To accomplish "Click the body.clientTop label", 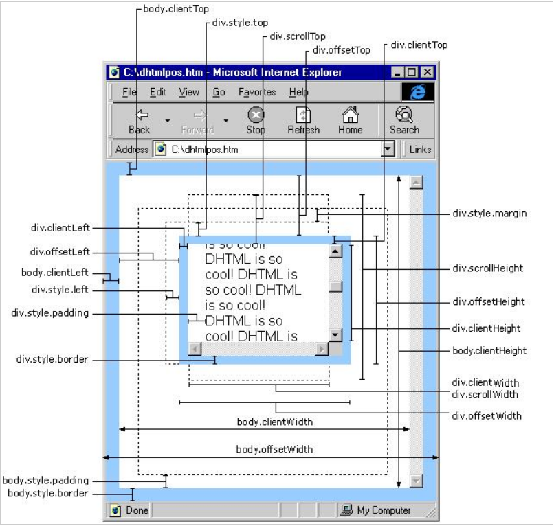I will pyautogui.click(x=175, y=10).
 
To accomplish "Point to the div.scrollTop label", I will pyautogui.click(x=297, y=36).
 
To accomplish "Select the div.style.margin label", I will pyautogui.click(x=489, y=213).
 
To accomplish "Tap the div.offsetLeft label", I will pyautogui.click(x=60, y=252).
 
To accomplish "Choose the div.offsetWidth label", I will pyautogui.click(x=486, y=415).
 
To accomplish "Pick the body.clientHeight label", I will pyautogui.click(x=489, y=350).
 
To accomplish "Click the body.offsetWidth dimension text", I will pyautogui.click(x=274, y=449).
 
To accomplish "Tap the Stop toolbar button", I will pyautogui.click(x=256, y=121).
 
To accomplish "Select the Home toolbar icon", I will pyautogui.click(x=350, y=121).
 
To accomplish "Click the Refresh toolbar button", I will pyautogui.click(x=303, y=121).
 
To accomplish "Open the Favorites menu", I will pyautogui.click(x=257, y=92).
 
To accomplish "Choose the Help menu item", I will pyautogui.click(x=298, y=92).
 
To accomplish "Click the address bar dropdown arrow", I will pyautogui.click(x=388, y=149).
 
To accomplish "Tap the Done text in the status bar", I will pyautogui.click(x=137, y=510).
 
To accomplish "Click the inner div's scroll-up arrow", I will pyautogui.click(x=335, y=251).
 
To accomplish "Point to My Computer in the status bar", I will pyautogui.click(x=384, y=510).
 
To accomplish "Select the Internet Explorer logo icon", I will pyautogui.click(x=417, y=92).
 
